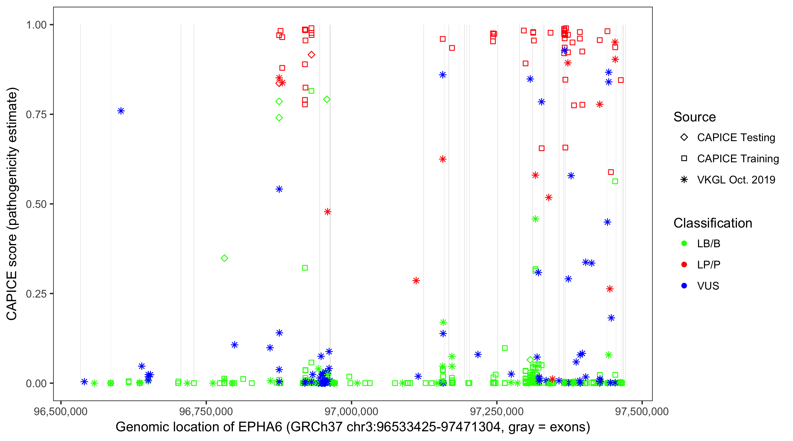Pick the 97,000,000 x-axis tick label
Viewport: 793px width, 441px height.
(x=351, y=411)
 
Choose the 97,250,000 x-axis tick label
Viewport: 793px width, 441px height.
(x=497, y=411)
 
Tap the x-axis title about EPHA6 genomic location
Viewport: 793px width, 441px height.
(x=353, y=427)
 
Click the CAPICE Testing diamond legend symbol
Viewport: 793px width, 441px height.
(x=684, y=137)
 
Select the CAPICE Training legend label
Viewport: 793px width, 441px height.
(x=737, y=158)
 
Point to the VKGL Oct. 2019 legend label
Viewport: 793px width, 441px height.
(x=736, y=180)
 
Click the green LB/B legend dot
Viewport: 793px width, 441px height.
(x=684, y=243)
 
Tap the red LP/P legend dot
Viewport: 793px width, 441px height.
(x=684, y=265)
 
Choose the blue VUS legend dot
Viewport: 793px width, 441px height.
(x=684, y=286)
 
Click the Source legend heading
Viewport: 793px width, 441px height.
(x=695, y=117)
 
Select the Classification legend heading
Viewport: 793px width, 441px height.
(x=713, y=223)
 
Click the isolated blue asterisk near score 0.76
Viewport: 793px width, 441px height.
(x=121, y=111)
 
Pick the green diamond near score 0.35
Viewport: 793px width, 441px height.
(x=224, y=258)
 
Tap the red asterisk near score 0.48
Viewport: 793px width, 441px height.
(x=327, y=212)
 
